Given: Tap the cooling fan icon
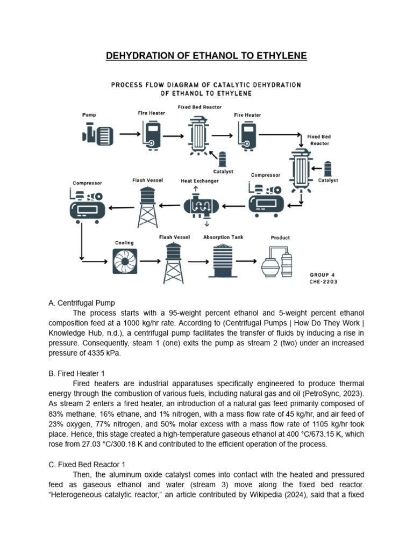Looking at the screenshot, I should click(125, 262).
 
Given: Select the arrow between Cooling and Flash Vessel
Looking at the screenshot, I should click(151, 262).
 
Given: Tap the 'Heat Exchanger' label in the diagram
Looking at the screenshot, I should click(199, 181).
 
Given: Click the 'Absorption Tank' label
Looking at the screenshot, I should click(223, 237).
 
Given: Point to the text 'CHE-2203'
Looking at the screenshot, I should click(323, 281).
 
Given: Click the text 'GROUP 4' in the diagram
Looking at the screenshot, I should click(322, 274).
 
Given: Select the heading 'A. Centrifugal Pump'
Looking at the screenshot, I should click(82, 303).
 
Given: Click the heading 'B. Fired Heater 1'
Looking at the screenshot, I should click(78, 373).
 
